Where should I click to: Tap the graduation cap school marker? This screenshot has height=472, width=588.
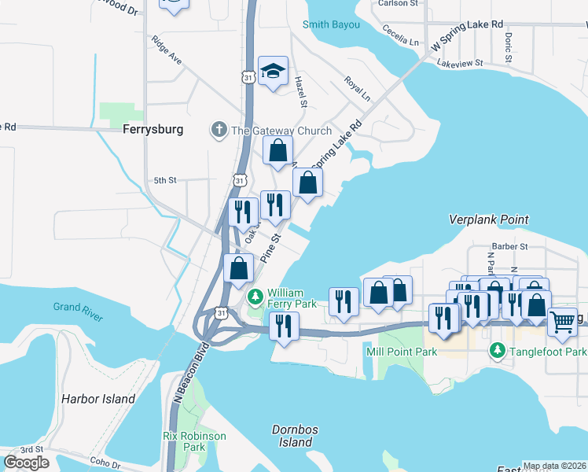point(273,72)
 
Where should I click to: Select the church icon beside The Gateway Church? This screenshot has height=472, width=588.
point(219,130)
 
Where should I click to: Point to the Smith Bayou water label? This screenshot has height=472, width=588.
point(332,24)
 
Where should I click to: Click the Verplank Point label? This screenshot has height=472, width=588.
point(489,219)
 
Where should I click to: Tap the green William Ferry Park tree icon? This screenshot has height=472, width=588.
point(255,297)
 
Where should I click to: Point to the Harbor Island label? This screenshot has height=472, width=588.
point(98,399)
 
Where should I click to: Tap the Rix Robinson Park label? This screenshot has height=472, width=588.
point(194,441)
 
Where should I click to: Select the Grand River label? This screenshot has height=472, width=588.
point(78,312)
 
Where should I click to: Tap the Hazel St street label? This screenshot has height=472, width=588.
point(300,91)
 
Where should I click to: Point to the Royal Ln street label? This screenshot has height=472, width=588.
point(357,89)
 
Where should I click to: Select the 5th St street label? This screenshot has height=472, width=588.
point(165,180)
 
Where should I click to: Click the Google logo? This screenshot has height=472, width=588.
point(26,463)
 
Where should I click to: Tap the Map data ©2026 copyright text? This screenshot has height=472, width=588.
point(553,466)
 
